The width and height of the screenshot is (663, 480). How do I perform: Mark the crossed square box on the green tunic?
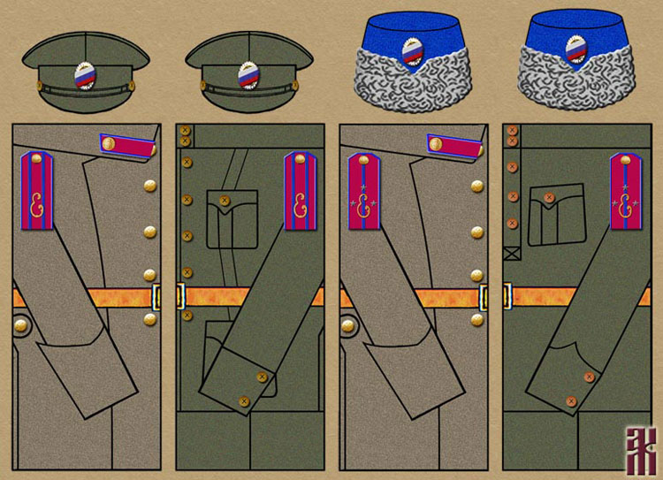coord(512,255)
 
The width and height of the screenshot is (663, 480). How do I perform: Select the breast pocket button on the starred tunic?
coord(548,198)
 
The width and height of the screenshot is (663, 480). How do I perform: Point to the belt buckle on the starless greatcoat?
coord(158,296)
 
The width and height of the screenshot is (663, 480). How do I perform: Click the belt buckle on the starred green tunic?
coord(507,296)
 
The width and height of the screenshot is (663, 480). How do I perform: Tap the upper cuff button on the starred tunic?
coord(589,377)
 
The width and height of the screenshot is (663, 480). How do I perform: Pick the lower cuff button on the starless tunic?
coord(243,403)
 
